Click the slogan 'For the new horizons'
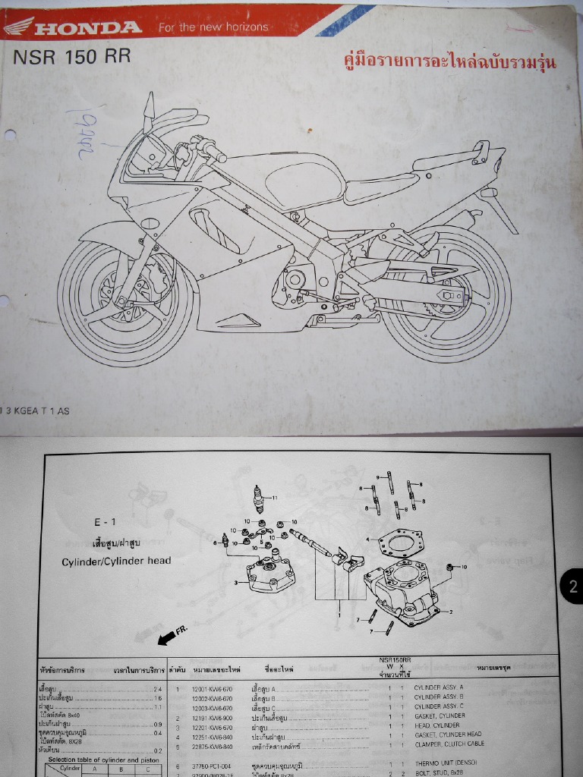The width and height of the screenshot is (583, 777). point(213,27)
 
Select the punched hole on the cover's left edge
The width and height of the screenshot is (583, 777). point(10,137)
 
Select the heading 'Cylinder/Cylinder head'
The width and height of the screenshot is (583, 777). point(116,561)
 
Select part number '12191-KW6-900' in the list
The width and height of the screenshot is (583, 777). point(213,716)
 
